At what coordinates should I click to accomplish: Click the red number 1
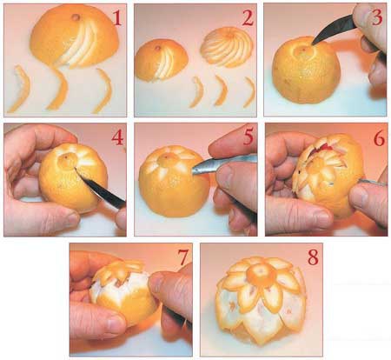(116, 18)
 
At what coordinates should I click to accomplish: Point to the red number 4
(117, 137)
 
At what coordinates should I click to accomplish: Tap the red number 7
(183, 257)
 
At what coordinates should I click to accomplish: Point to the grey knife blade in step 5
(223, 164)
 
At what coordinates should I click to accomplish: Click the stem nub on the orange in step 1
(76, 17)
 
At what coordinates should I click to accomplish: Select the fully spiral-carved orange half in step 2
(227, 47)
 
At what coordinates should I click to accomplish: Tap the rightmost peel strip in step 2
(249, 92)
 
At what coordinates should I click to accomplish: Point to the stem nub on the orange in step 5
(166, 157)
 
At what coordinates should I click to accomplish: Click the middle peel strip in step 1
(58, 90)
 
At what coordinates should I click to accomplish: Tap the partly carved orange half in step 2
(162, 60)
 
